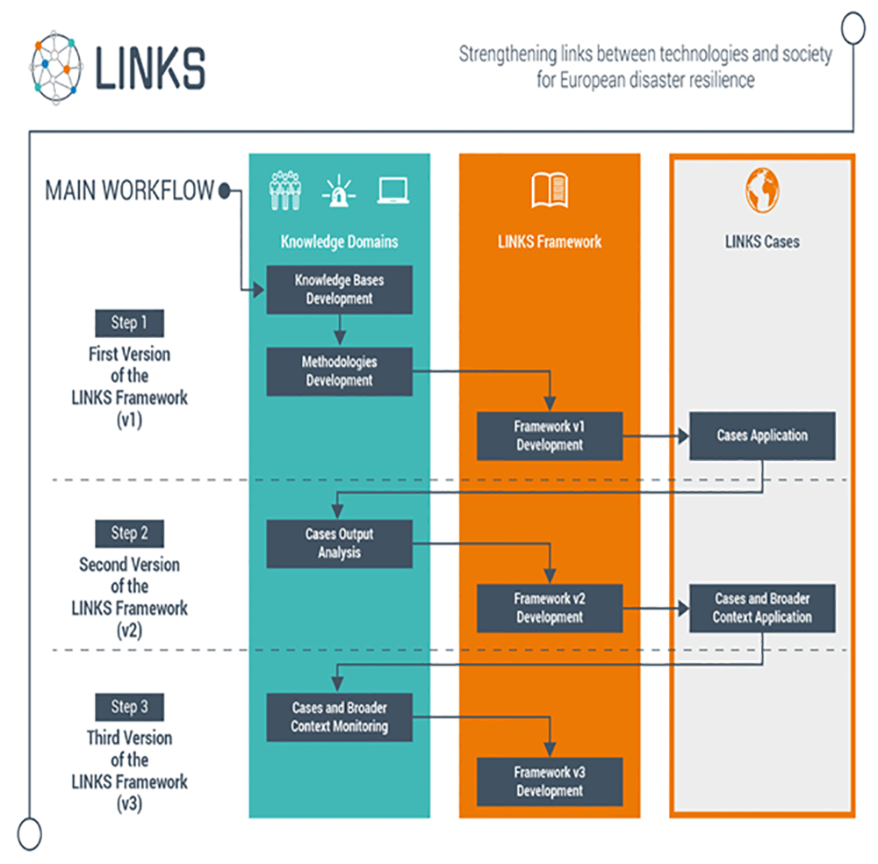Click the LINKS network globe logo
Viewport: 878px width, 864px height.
pos(56,68)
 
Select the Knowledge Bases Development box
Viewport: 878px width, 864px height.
pos(339,290)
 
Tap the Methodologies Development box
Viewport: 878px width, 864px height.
pos(339,371)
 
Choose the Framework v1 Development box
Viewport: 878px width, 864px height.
pos(550,436)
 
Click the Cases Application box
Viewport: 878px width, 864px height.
pos(762,436)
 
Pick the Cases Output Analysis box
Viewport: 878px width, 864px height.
pos(339,544)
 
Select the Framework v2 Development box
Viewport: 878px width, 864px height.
pos(550,608)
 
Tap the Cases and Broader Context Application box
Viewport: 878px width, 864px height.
pos(762,608)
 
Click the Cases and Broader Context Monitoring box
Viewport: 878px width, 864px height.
pos(339,717)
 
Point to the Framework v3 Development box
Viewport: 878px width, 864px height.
pos(550,781)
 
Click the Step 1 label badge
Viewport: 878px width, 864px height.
pos(129,323)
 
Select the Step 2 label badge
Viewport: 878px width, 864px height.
pos(129,534)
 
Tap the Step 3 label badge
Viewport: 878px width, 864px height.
pos(129,707)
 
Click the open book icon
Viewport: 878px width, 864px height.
pos(550,191)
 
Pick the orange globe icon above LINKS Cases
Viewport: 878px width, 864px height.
pos(762,190)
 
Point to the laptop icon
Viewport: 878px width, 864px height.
pos(393,191)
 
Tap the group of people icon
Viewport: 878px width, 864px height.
pos(285,191)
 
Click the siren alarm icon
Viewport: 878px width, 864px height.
pos(339,191)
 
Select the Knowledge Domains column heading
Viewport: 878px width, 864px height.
pos(339,241)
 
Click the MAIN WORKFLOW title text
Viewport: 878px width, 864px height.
pos(129,191)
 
